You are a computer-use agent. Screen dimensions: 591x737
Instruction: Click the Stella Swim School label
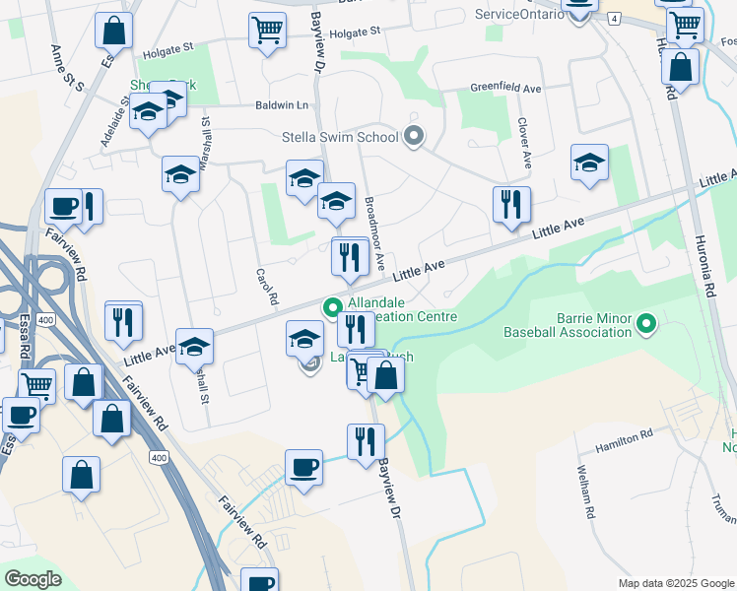coord(339,137)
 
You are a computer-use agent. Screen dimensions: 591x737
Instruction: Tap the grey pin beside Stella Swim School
coord(415,137)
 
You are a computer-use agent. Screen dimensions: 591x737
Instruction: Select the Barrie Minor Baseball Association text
coord(567,325)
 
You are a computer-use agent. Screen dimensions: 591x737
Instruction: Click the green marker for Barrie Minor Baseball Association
coord(646,322)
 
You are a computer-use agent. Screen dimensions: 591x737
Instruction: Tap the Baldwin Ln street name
coord(282,105)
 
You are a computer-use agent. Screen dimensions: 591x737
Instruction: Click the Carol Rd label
coord(262,287)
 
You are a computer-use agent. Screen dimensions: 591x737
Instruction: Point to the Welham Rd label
coord(587,492)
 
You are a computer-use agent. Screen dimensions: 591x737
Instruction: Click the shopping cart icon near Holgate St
coord(267,32)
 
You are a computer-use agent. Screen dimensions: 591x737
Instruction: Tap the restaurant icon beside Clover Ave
coord(511,205)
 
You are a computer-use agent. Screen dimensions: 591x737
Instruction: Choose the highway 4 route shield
coord(613,19)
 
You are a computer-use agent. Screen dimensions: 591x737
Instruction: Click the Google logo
coord(33,578)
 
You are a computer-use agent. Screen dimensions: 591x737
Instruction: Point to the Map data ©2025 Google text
coord(675,583)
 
